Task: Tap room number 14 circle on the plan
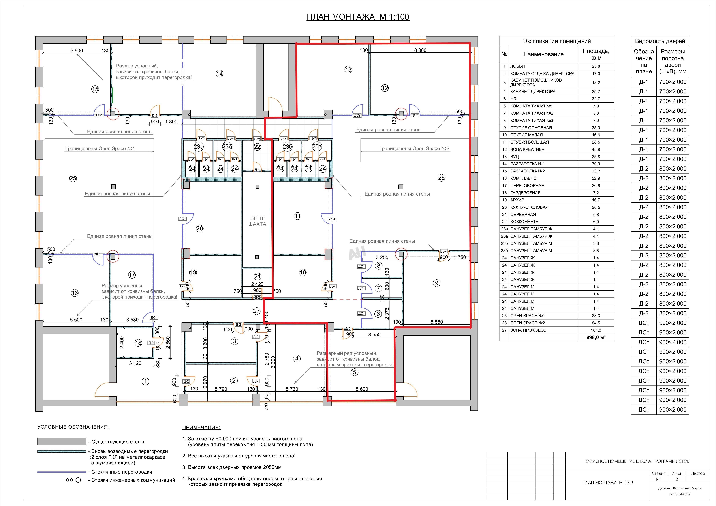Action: click(220, 74)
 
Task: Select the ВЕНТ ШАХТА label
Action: click(257, 221)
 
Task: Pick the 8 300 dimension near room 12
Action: click(420, 50)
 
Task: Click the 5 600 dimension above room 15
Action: click(77, 51)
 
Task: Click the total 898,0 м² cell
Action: click(596, 337)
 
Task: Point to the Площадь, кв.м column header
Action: click(596, 54)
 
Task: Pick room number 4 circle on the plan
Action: click(297, 358)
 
